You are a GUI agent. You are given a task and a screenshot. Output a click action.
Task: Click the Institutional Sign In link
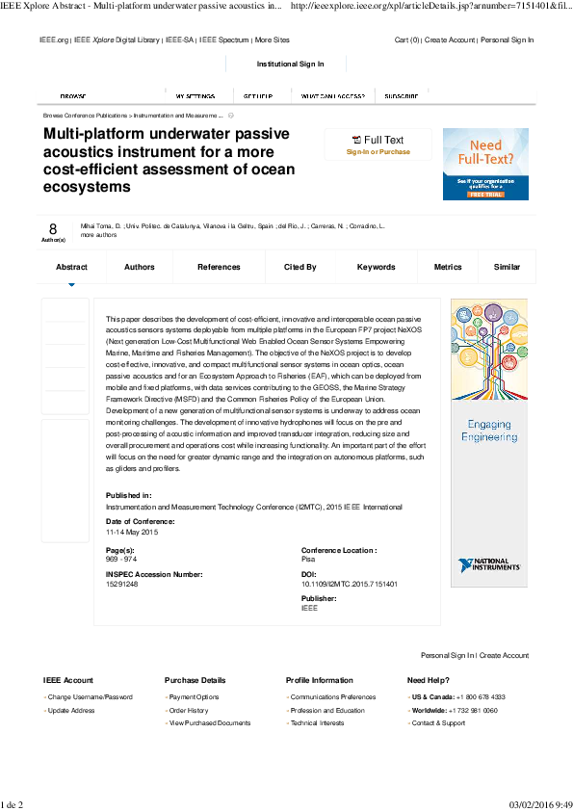290,64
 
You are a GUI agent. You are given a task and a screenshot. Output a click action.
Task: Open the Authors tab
140,267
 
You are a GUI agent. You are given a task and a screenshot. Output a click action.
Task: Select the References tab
219,267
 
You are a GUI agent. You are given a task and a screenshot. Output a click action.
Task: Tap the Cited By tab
300,267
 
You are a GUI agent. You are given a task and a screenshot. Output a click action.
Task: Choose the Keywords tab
376,267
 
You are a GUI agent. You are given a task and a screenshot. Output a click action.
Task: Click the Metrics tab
448,267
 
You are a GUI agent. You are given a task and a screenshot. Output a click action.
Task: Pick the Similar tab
507,267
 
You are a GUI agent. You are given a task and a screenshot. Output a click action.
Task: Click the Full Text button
378,141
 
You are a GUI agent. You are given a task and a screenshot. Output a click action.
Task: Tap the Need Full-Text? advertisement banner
485,164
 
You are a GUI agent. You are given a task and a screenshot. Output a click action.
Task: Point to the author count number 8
53,228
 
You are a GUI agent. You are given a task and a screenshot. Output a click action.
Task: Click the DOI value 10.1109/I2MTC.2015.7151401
350,584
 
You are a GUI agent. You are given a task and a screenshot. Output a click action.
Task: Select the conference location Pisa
308,559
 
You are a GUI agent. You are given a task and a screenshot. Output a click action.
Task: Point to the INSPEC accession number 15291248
122,584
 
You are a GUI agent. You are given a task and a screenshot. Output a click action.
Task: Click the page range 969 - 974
120,559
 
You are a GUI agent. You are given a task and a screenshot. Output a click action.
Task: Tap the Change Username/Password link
91,696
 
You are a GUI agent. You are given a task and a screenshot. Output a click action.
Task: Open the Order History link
189,710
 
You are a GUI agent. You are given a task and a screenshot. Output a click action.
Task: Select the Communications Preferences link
333,696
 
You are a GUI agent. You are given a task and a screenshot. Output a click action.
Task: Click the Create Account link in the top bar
450,40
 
